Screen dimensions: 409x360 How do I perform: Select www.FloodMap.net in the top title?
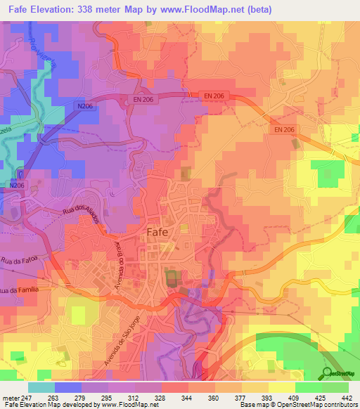[208, 8]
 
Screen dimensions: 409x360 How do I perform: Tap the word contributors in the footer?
[340, 404]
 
